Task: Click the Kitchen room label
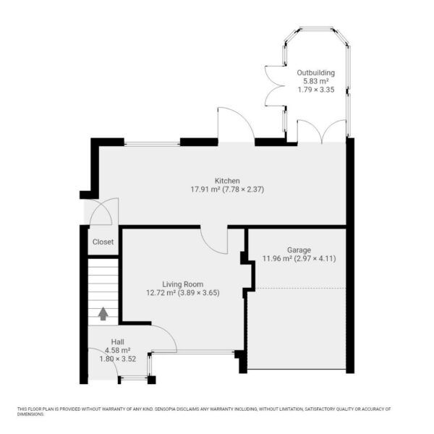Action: coord(227,181)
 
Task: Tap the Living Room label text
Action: coord(183,284)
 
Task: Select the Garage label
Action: coord(299,250)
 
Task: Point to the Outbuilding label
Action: coord(316,73)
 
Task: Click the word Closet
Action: coord(103,242)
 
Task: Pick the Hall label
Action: coord(118,342)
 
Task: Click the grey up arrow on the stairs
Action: coord(103,314)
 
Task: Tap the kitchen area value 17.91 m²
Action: coord(205,190)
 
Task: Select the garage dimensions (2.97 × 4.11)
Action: coord(315,259)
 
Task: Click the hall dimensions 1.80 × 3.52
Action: coord(118,359)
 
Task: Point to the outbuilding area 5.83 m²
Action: coord(316,81)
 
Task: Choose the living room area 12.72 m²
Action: coord(161,293)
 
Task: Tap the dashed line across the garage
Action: coord(300,289)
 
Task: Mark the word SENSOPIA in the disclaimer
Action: coord(165,409)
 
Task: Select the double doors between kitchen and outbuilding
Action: coord(322,132)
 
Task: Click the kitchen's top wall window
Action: coord(152,144)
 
